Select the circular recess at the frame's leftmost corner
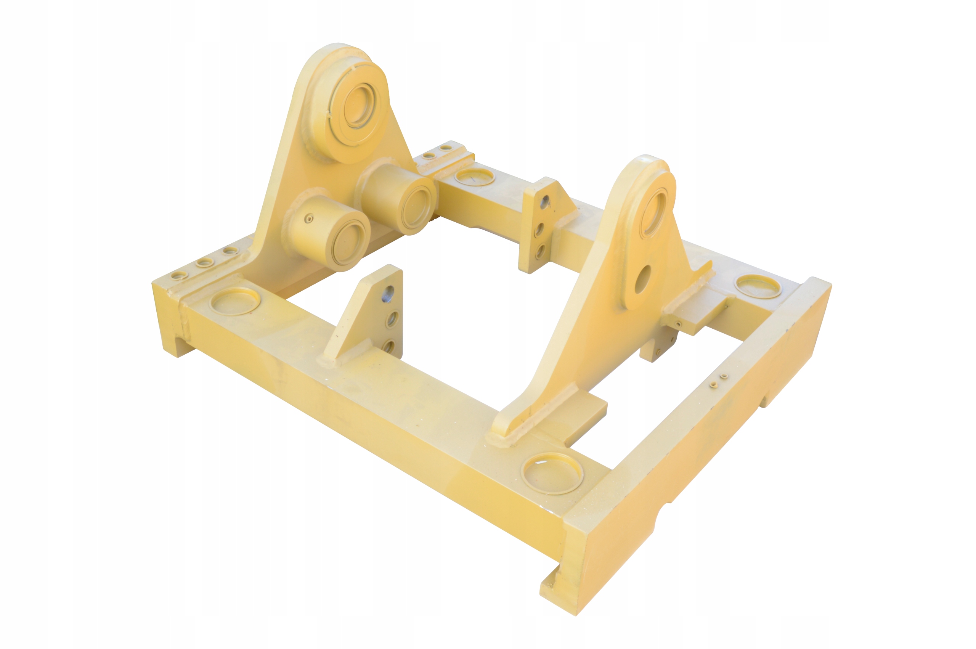(x=235, y=301)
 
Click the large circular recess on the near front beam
(x=552, y=473)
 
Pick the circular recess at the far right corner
(x=758, y=286)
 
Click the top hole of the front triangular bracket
(x=388, y=294)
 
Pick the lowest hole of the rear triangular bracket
(x=539, y=251)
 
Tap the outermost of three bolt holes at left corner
(x=180, y=275)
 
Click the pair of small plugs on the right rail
(x=718, y=381)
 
